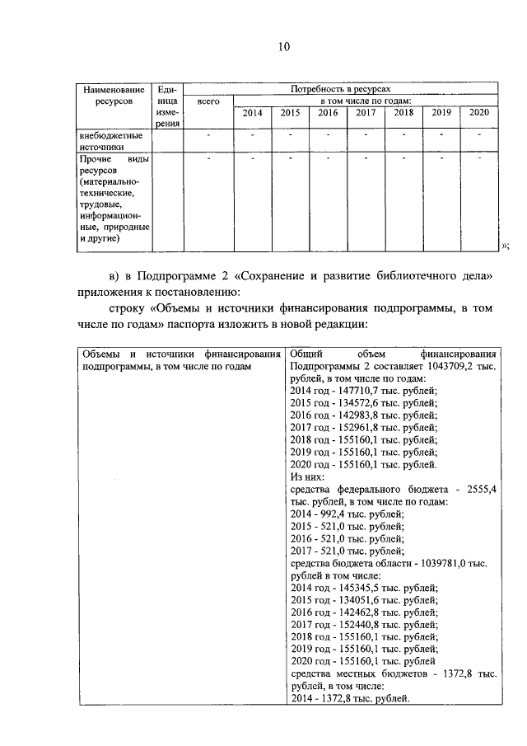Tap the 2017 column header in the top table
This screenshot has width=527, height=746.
click(366, 113)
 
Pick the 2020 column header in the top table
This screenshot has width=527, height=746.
click(479, 113)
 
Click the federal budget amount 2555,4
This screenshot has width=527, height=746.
click(480, 488)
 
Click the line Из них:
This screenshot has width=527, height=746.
click(307, 476)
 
